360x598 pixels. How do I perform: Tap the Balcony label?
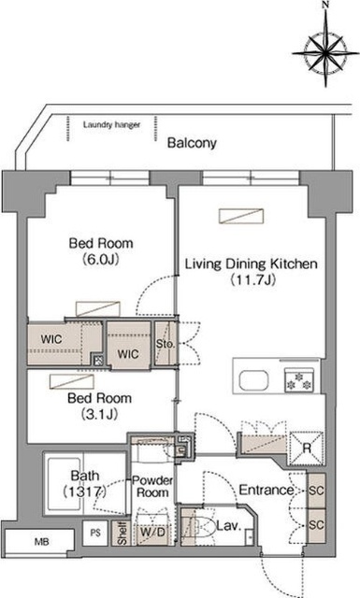192,143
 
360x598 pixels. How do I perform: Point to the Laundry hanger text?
111,124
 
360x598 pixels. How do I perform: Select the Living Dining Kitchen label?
252,263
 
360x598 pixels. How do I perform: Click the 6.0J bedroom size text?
101,260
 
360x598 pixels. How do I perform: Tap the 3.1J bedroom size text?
100,414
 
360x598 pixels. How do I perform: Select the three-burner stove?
299,380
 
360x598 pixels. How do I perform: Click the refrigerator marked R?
307,448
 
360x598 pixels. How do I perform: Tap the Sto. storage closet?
166,344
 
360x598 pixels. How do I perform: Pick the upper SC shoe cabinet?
316,491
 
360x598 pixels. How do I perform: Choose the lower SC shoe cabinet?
316,526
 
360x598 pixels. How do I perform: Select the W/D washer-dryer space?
152,532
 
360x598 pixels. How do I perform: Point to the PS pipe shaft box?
95,533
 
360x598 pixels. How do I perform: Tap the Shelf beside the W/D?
122,534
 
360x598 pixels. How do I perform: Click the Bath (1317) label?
84,483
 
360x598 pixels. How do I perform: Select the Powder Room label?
152,486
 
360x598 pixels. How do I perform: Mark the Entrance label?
266,490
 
